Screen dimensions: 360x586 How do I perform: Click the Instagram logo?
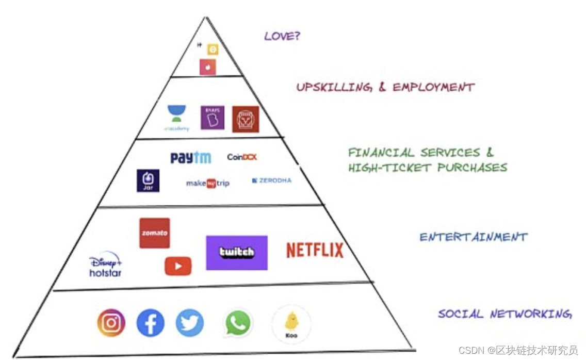coord(111,323)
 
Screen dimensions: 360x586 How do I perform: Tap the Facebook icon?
coord(151,323)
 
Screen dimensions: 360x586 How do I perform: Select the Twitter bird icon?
coord(189,323)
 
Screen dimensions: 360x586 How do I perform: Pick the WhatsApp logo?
coord(238,323)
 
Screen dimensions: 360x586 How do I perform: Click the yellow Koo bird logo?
coord(291,323)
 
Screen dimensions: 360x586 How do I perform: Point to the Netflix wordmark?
coord(315,251)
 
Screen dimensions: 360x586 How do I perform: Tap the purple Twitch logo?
coord(237,252)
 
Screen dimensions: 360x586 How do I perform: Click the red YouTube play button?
coord(178,266)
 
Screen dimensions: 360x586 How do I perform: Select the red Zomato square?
coord(154,233)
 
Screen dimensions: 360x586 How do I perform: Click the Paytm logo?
coord(191,158)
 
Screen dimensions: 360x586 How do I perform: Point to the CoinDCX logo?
coord(242,157)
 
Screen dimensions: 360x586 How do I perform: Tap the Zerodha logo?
coord(272,181)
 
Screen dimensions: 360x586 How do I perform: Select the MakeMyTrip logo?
coord(208,183)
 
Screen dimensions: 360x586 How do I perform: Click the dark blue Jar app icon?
coord(148,181)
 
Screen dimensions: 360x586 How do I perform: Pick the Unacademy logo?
coord(177,118)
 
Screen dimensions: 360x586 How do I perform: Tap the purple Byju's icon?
coord(213,117)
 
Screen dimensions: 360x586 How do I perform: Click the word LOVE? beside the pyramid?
coord(282,36)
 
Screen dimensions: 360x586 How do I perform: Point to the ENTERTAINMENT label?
coord(473,237)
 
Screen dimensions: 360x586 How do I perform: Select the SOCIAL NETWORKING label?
coord(504,314)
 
